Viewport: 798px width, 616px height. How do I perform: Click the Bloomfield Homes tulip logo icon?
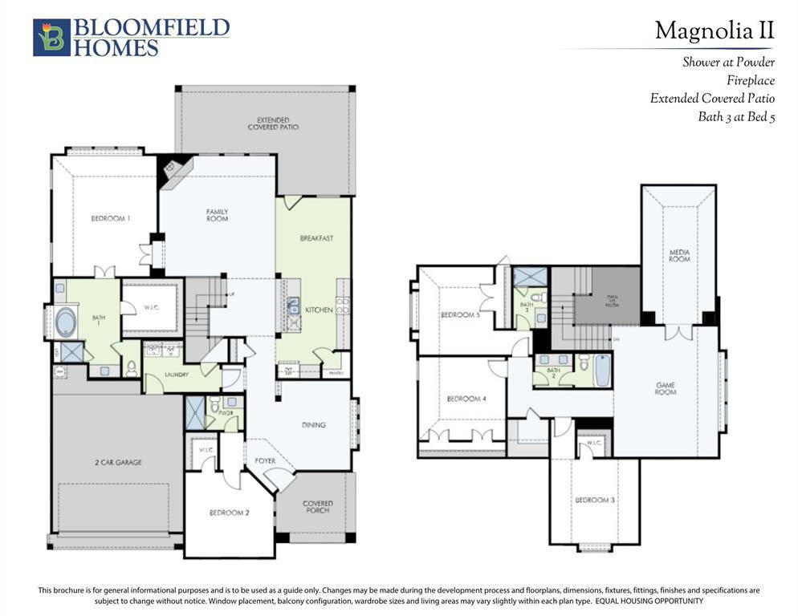click(51, 38)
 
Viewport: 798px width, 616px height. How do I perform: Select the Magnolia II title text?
click(714, 30)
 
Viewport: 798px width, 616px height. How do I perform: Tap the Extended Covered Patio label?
click(268, 124)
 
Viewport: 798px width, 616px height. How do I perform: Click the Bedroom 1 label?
click(111, 218)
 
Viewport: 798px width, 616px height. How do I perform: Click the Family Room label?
click(217, 215)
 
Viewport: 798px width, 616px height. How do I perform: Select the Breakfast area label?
click(316, 238)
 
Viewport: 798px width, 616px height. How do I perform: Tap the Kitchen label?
click(319, 309)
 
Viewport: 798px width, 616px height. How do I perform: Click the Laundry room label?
click(177, 375)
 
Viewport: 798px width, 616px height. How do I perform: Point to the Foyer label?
click(265, 460)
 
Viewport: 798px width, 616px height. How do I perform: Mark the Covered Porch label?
click(318, 507)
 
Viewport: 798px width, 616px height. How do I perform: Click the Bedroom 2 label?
click(230, 513)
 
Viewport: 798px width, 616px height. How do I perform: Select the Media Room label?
click(679, 256)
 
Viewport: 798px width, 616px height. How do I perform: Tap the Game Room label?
click(665, 388)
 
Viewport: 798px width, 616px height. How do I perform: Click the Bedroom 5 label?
click(460, 315)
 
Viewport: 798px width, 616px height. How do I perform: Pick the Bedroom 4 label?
click(466, 399)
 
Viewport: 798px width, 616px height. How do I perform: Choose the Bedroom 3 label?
click(595, 500)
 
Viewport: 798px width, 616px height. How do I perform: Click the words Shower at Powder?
click(728, 62)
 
